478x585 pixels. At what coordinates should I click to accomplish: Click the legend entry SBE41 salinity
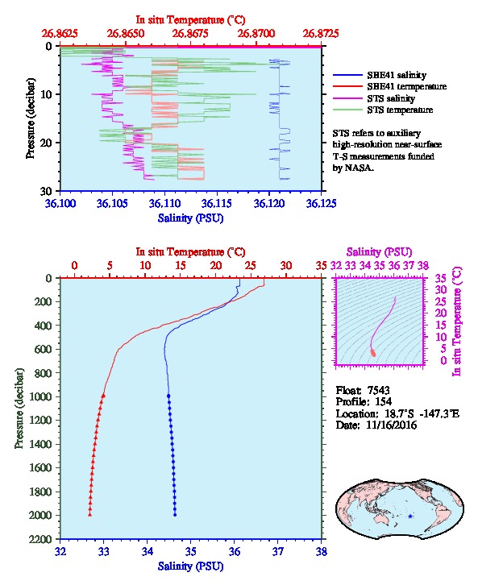click(x=397, y=75)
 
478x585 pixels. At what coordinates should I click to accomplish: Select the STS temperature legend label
click(x=400, y=110)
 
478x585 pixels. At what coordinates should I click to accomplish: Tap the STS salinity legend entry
click(x=391, y=98)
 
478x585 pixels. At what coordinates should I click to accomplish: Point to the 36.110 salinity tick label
click(x=164, y=204)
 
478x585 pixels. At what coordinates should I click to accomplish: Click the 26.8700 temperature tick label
click(x=256, y=34)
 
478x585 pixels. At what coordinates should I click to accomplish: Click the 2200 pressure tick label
click(x=40, y=539)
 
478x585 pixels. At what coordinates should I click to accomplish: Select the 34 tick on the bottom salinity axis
click(x=147, y=551)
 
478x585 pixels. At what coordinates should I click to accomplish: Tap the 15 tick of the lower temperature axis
click(x=181, y=266)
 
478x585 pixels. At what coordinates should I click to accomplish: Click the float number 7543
click(x=378, y=390)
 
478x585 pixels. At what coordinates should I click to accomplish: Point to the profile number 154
click(x=383, y=401)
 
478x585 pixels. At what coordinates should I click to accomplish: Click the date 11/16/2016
click(x=392, y=425)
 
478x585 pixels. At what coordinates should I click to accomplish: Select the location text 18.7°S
click(x=397, y=413)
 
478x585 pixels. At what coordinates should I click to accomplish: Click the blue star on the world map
click(x=410, y=517)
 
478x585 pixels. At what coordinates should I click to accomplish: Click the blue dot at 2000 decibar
click(x=175, y=515)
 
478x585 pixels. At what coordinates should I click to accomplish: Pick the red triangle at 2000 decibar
click(x=90, y=514)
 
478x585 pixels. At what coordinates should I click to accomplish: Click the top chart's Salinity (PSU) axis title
click(x=191, y=218)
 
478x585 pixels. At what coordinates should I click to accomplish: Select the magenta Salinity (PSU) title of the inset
click(x=379, y=252)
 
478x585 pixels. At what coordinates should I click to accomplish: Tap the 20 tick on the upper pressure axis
click(x=46, y=143)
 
